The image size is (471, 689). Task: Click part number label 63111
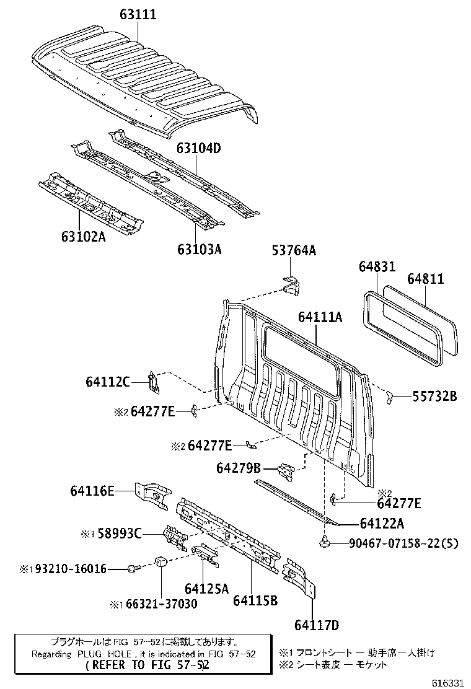pyautogui.click(x=138, y=14)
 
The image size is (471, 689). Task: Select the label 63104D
pyautogui.click(x=198, y=149)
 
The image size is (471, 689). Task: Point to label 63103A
pyautogui.click(x=200, y=249)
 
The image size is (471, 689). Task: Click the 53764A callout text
pyautogui.click(x=294, y=250)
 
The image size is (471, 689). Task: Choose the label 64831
pyautogui.click(x=377, y=266)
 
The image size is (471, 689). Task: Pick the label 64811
pyautogui.click(x=425, y=279)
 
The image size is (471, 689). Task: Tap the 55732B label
pyautogui.click(x=434, y=396)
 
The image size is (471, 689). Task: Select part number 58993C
pyautogui.click(x=120, y=533)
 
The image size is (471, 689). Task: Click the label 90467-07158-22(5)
pyautogui.click(x=403, y=544)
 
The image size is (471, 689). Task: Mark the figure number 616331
pyautogui.click(x=448, y=683)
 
